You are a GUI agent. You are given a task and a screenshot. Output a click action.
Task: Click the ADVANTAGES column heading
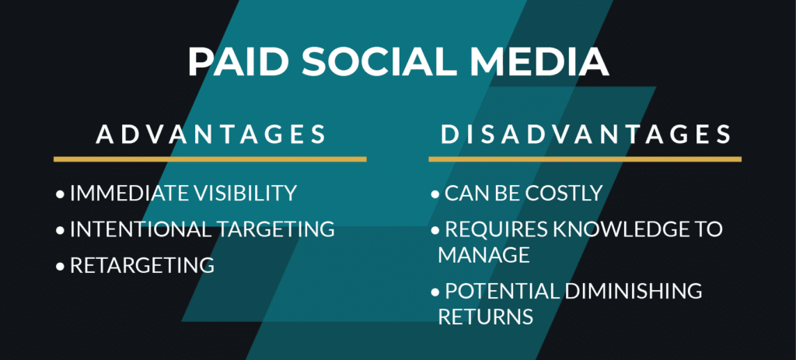211,134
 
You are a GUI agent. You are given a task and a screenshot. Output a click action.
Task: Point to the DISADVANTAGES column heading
585,134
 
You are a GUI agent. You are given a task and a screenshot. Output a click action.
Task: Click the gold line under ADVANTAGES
210,159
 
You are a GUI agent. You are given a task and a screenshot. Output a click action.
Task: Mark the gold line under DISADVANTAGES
585,159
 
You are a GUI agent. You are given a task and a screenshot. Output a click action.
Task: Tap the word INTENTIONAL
141,229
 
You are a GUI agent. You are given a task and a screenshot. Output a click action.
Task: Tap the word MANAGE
484,255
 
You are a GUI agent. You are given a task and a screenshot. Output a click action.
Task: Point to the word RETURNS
485,316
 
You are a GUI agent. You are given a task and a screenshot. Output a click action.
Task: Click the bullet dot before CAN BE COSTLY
435,194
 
